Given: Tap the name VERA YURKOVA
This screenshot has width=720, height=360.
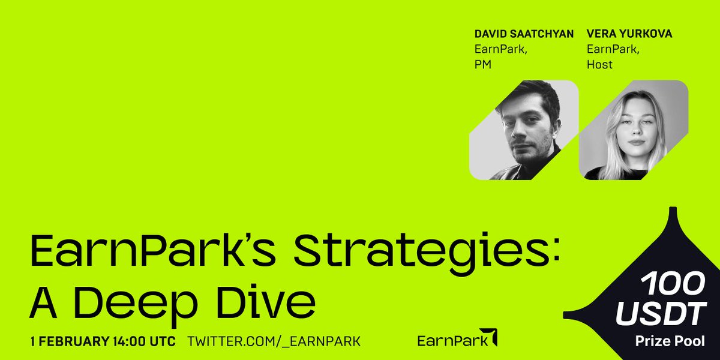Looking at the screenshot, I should click(629, 34).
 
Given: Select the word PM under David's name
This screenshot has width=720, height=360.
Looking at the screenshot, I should click(482, 64).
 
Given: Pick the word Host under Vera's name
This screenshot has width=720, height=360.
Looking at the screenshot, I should click(599, 64).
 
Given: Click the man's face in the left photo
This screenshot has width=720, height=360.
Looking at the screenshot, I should click(525, 129).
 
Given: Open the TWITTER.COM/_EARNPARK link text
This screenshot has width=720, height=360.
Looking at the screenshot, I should click(274, 342).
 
